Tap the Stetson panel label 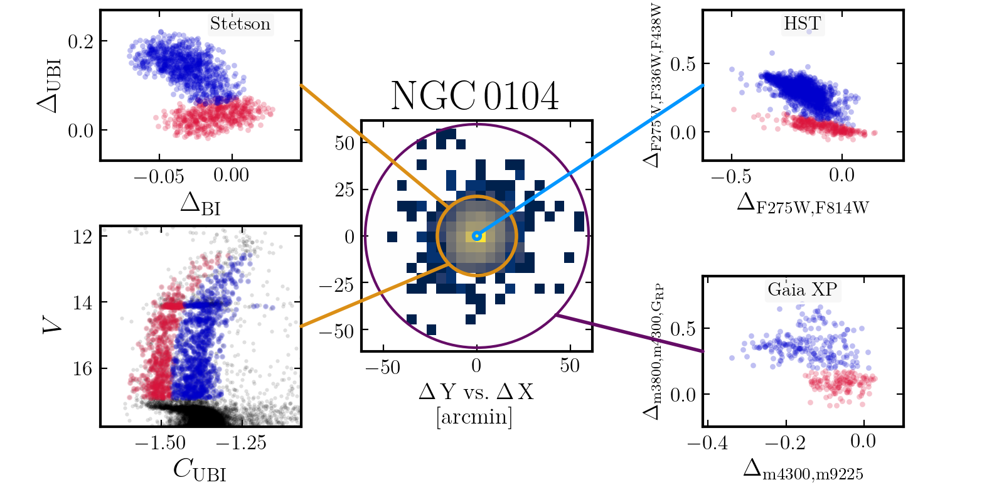click(240, 24)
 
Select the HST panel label click(802, 23)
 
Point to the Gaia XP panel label click(802, 289)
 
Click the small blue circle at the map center click(477, 236)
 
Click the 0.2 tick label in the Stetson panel click(80, 41)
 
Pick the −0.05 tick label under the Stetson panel click(159, 176)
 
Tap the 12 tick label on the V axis click(82, 237)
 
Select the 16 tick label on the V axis click(82, 368)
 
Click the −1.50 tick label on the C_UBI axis click(160, 443)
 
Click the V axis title click(52, 324)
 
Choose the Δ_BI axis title click(200, 204)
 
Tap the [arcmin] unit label click(474, 416)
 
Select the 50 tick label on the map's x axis click(570, 366)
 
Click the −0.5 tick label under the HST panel click(731, 176)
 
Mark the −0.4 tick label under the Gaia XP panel click(708, 443)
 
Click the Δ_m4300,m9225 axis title click(803, 470)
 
